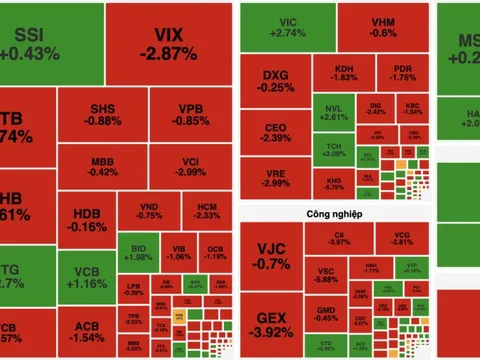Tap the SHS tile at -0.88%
(x=102, y=114)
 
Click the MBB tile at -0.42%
(x=102, y=165)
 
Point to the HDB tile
(x=84, y=220)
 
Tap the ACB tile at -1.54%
(x=85, y=333)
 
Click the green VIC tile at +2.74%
(x=287, y=27)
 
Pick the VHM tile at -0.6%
(x=382, y=27)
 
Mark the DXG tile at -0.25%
(x=275, y=80)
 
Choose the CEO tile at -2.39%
(x=275, y=132)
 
